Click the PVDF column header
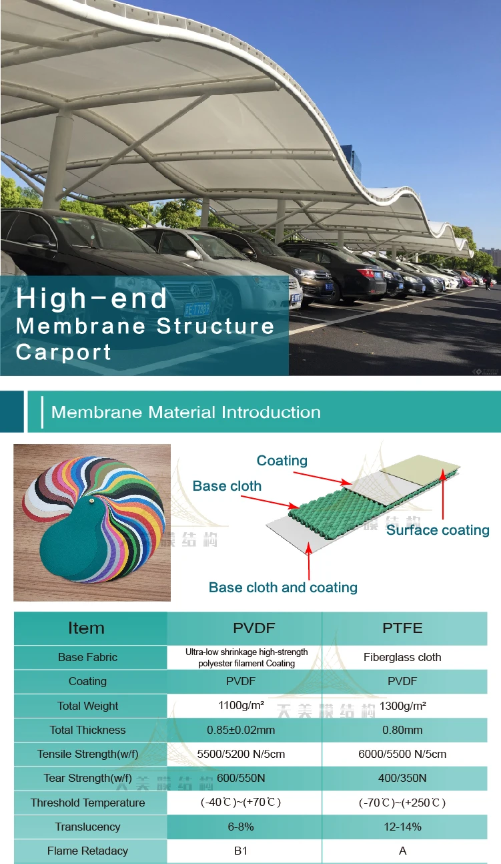[x=244, y=628]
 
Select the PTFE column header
[x=402, y=628]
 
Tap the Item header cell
[x=86, y=628]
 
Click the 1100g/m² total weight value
[x=244, y=706]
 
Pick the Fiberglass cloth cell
[x=402, y=657]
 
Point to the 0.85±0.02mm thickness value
[x=244, y=730]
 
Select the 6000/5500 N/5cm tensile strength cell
[x=402, y=754]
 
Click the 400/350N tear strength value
[x=402, y=778]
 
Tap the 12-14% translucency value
[x=402, y=827]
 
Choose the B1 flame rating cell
[x=244, y=851]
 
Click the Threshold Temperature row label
[x=87, y=803]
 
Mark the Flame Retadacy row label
[x=87, y=851]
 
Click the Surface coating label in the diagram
[x=438, y=530]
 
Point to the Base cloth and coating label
[x=283, y=588]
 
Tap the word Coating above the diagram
[x=282, y=461]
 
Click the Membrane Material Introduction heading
[x=186, y=412]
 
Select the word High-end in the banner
[x=92, y=298]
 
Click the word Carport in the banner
[x=63, y=352]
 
